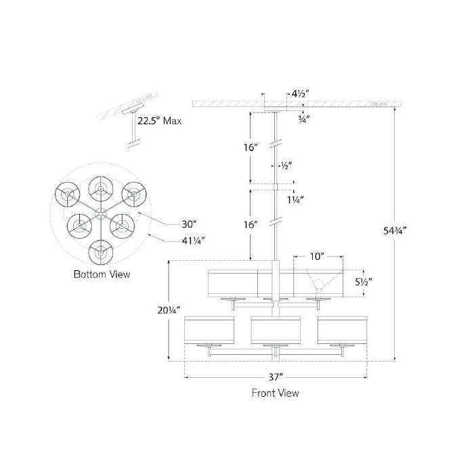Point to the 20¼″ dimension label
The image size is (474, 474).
pos(152,310)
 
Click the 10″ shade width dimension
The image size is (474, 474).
pos(317,256)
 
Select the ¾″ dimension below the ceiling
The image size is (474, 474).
pos(303,118)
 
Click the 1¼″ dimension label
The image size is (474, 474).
pos(295,199)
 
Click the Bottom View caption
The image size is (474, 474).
pos(102,274)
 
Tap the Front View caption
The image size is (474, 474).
pos(275,392)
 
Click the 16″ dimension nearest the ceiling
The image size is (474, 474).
pos(251,147)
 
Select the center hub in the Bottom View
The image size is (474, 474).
pos(102,213)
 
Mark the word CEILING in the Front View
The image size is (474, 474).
pos(379,104)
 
